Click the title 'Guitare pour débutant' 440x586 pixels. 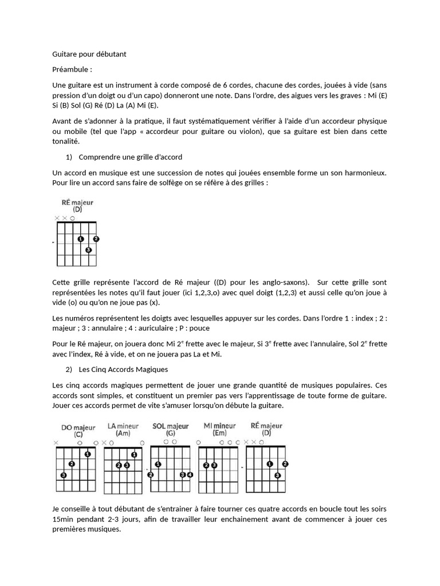[x=89, y=54]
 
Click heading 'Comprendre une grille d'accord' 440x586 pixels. [x=130, y=156]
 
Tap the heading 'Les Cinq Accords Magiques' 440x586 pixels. [x=123, y=369]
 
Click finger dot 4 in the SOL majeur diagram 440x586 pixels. [x=190, y=475]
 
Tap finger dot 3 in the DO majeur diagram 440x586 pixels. [x=63, y=475]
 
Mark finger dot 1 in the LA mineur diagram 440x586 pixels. [x=134, y=454]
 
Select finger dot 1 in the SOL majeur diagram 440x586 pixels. [x=158, y=464]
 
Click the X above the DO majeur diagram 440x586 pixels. [x=56, y=443]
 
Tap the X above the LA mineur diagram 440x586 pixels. [x=104, y=443]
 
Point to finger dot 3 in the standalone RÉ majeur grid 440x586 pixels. [x=88, y=250]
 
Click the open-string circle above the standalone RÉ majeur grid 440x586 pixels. [x=73, y=218]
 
